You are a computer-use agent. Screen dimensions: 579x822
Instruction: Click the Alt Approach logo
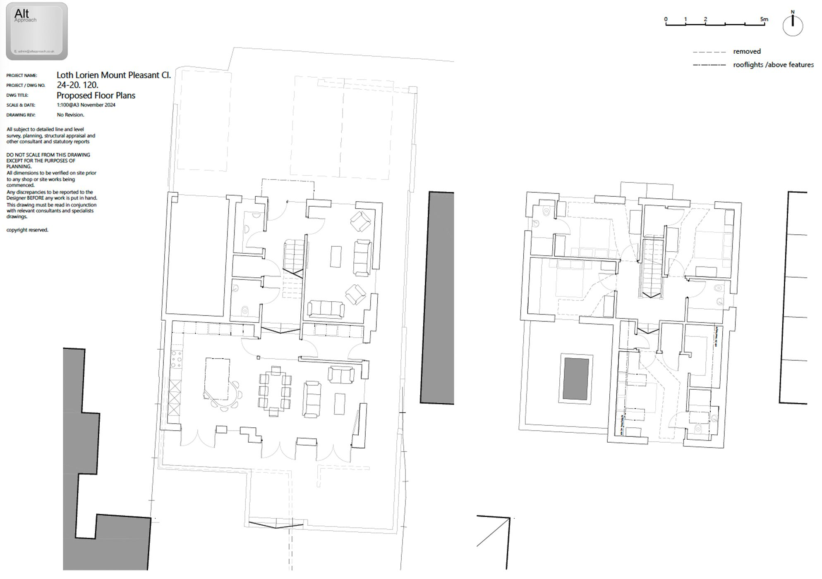[37, 31]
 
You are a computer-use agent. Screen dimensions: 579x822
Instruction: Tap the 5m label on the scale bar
[764, 19]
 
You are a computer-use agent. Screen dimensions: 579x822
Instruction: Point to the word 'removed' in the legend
[747, 52]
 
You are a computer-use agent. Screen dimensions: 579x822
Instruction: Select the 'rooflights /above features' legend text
[773, 65]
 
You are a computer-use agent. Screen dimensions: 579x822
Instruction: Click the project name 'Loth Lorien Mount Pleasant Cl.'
[113, 75]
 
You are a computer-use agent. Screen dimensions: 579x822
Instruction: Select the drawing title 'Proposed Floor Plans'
[96, 95]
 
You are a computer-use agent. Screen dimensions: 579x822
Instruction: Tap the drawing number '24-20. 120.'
[77, 85]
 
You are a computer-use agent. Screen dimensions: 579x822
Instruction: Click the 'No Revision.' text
[70, 115]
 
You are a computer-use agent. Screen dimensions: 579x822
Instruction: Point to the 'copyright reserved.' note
[27, 230]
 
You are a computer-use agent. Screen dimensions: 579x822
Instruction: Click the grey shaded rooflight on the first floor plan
[576, 379]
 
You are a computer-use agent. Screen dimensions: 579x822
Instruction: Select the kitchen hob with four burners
[177, 359]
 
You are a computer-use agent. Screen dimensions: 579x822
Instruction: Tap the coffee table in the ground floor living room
[336, 257]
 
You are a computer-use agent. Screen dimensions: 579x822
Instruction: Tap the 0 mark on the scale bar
[666, 19]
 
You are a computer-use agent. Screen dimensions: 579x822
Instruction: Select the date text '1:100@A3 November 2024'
[86, 105]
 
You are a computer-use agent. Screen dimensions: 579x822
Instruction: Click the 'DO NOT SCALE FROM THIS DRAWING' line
[48, 155]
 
